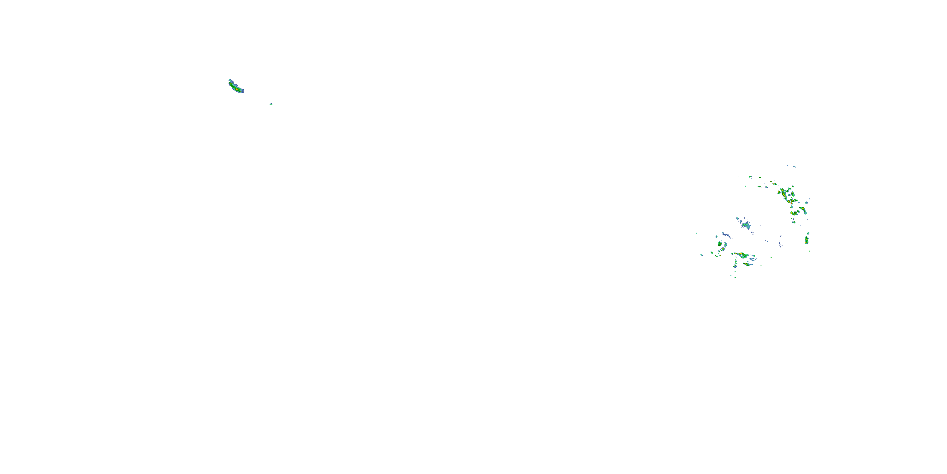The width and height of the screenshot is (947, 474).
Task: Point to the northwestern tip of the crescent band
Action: click(x=229, y=80)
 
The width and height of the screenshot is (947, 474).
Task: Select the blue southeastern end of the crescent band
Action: click(x=243, y=92)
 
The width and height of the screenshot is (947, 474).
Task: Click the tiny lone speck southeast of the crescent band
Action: click(x=271, y=104)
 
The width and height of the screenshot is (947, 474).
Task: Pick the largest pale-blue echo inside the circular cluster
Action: click(x=746, y=225)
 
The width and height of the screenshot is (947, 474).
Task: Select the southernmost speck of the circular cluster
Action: click(x=735, y=277)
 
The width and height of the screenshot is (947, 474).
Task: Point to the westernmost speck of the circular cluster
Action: click(x=696, y=233)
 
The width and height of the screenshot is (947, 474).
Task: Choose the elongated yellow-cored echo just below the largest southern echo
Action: click(x=747, y=264)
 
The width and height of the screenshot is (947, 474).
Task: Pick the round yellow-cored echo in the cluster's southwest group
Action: click(x=720, y=244)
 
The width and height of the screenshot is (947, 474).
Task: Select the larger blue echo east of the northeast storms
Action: click(x=807, y=203)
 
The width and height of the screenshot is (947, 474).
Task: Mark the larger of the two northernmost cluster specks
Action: click(x=795, y=167)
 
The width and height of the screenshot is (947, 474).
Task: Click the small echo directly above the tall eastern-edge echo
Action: click(x=808, y=233)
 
